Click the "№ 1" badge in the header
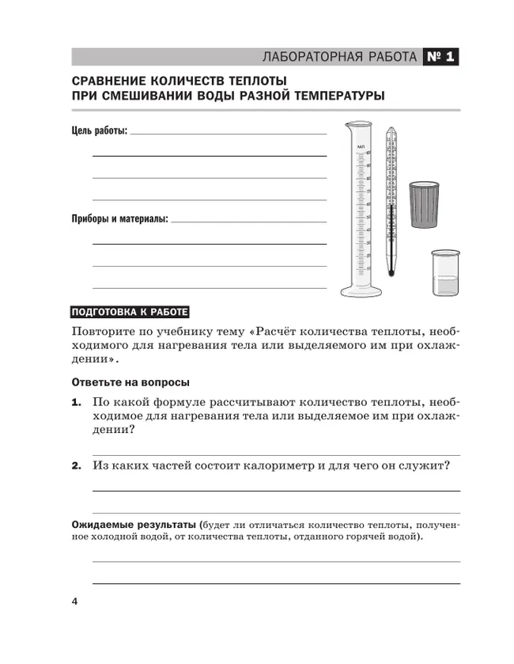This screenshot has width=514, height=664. click(x=441, y=57)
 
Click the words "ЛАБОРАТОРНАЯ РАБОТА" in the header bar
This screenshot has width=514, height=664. click(x=339, y=57)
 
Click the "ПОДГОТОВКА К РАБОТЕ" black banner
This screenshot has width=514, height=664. click(x=131, y=310)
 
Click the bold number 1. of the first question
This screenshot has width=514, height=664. click(x=77, y=402)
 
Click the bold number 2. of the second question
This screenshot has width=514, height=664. click(x=77, y=466)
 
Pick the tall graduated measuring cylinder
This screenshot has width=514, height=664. click(x=361, y=206)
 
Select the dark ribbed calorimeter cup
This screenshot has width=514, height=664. click(x=425, y=206)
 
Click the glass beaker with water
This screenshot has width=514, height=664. click(x=444, y=274)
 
